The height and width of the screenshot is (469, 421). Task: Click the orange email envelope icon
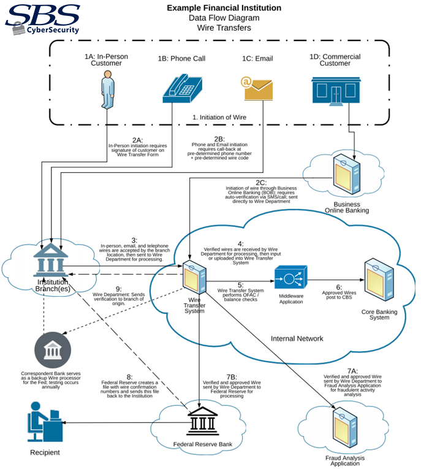(257, 90)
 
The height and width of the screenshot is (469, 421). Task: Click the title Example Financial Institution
(224, 8)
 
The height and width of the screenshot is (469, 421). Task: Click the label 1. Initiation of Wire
(220, 116)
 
